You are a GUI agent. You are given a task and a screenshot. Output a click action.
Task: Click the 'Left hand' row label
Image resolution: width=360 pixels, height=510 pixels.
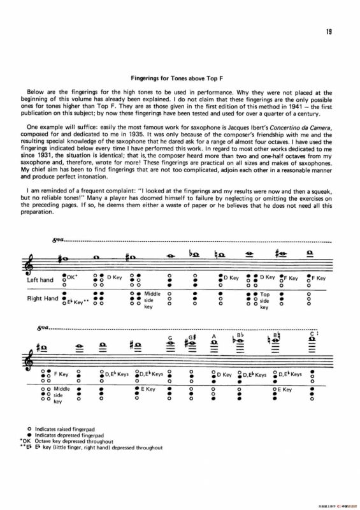[x=40, y=280]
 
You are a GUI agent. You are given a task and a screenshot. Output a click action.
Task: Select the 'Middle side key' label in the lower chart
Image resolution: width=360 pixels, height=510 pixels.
[x=62, y=395]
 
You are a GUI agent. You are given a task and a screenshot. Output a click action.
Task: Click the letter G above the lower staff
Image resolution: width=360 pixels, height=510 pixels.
[x=170, y=338]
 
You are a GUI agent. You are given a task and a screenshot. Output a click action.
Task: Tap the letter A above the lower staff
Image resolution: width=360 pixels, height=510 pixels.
[x=215, y=336]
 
